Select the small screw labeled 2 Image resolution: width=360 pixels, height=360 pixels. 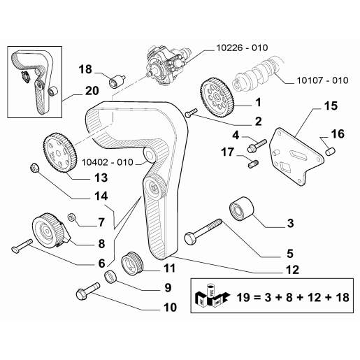[x=192, y=113]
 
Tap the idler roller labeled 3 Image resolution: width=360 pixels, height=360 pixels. [x=242, y=208]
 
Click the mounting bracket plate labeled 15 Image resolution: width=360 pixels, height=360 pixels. [x=296, y=157]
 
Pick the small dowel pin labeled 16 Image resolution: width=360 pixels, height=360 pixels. [x=330, y=152]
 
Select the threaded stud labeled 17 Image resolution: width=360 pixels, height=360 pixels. [x=252, y=164]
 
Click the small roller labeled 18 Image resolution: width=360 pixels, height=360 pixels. [x=117, y=81]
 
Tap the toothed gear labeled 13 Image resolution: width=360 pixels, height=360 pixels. [x=59, y=153]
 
